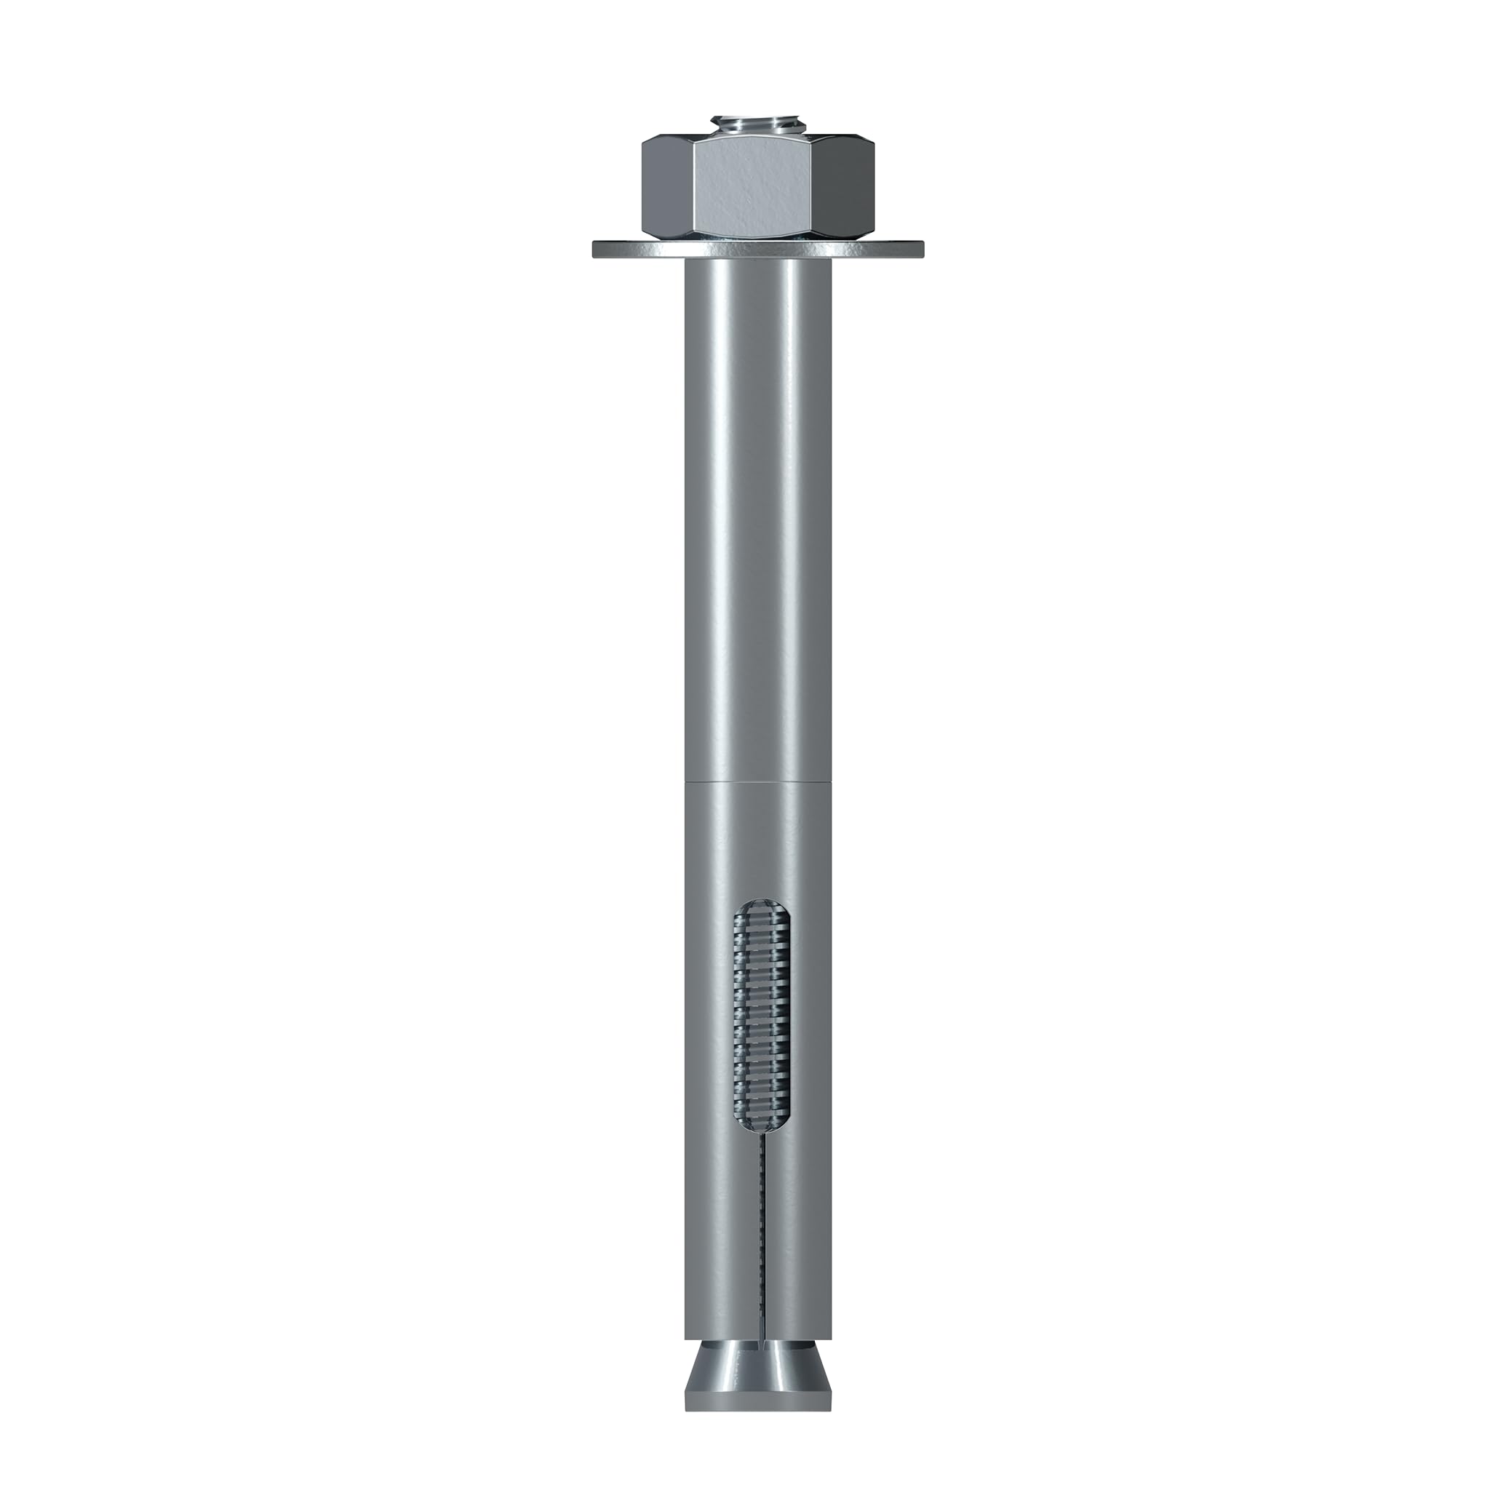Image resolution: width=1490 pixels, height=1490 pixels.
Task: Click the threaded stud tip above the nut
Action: [x=757, y=125]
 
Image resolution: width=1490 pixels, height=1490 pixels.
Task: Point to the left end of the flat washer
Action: [x=598, y=250]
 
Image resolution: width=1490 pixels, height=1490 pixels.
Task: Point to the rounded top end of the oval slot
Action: [x=759, y=904]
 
